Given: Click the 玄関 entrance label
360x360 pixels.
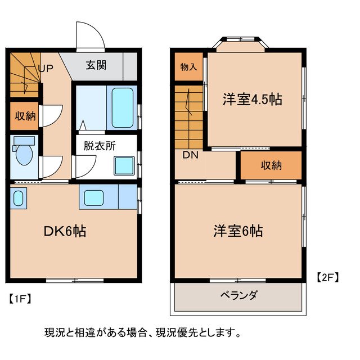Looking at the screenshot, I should [x=97, y=64].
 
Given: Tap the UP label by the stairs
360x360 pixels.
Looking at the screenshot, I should [x=46, y=69].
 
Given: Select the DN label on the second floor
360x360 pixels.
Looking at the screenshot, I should [x=190, y=155].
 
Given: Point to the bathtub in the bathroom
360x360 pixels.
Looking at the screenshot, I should [x=122, y=107].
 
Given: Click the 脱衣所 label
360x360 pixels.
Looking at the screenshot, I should [x=100, y=145].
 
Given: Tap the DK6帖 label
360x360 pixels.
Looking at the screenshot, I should [x=65, y=231].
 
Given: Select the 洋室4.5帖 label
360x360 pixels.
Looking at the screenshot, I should [x=251, y=100].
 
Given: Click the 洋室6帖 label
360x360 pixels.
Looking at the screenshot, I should [x=238, y=231].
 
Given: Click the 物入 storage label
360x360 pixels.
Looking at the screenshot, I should [x=188, y=66].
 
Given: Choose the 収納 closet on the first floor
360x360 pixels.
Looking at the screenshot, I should [x=24, y=116].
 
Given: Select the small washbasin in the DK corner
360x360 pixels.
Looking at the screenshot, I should [x=18, y=199].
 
